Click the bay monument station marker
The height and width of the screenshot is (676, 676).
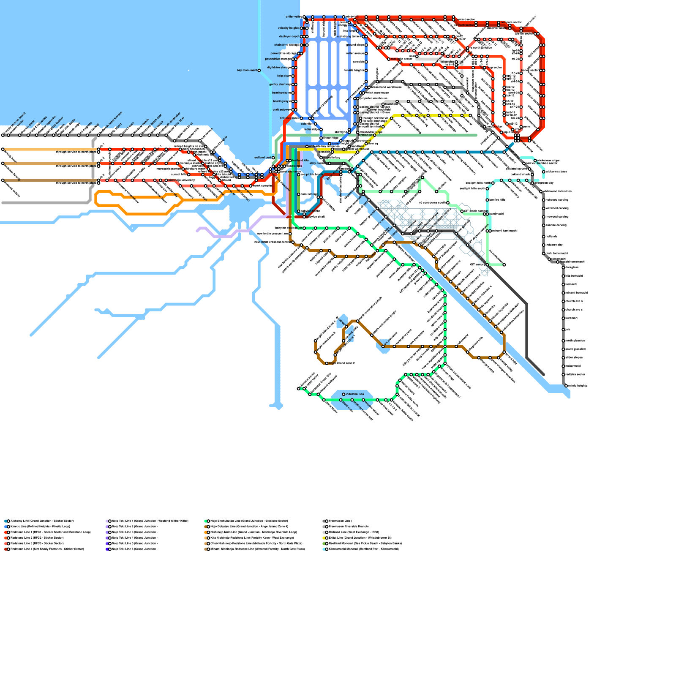point(259,71)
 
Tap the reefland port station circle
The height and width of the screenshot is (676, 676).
point(273,158)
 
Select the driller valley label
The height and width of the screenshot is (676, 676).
point(293,17)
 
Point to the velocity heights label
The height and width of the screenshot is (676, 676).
point(289,28)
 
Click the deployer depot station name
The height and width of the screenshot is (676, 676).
point(289,37)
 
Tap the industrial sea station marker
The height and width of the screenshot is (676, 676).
point(343,394)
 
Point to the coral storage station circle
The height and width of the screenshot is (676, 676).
point(299,194)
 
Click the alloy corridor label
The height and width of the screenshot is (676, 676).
point(318,163)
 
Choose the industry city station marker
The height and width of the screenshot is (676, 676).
point(544,245)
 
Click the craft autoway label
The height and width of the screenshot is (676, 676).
point(281,110)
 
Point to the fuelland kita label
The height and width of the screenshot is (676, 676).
point(300,161)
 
